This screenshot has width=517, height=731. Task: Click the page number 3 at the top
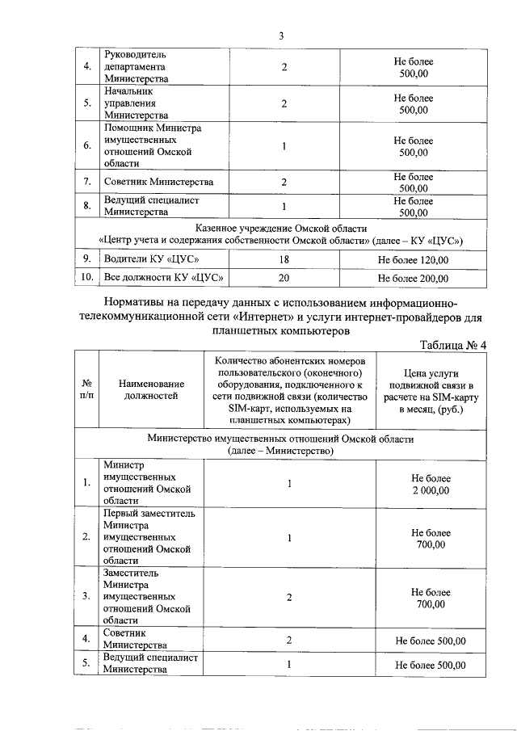coord(280,36)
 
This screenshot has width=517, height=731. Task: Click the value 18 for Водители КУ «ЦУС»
coord(284,259)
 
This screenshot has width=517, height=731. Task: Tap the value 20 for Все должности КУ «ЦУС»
coord(284,279)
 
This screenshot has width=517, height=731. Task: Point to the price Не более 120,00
coord(413,259)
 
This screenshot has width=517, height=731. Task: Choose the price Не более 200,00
coord(413,279)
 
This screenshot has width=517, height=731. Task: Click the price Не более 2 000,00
coord(431,484)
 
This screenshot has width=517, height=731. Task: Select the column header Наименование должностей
coord(151,389)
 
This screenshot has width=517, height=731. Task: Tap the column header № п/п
coord(86,389)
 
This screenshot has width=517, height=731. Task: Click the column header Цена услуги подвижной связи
coord(431,389)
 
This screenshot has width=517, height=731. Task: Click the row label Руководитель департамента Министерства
coord(137,66)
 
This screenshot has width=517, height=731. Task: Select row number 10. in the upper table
coord(86,279)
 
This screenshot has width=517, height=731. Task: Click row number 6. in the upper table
coord(86,146)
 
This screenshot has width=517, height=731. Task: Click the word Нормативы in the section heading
coord(141,301)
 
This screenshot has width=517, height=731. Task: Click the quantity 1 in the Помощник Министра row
coord(284,146)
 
